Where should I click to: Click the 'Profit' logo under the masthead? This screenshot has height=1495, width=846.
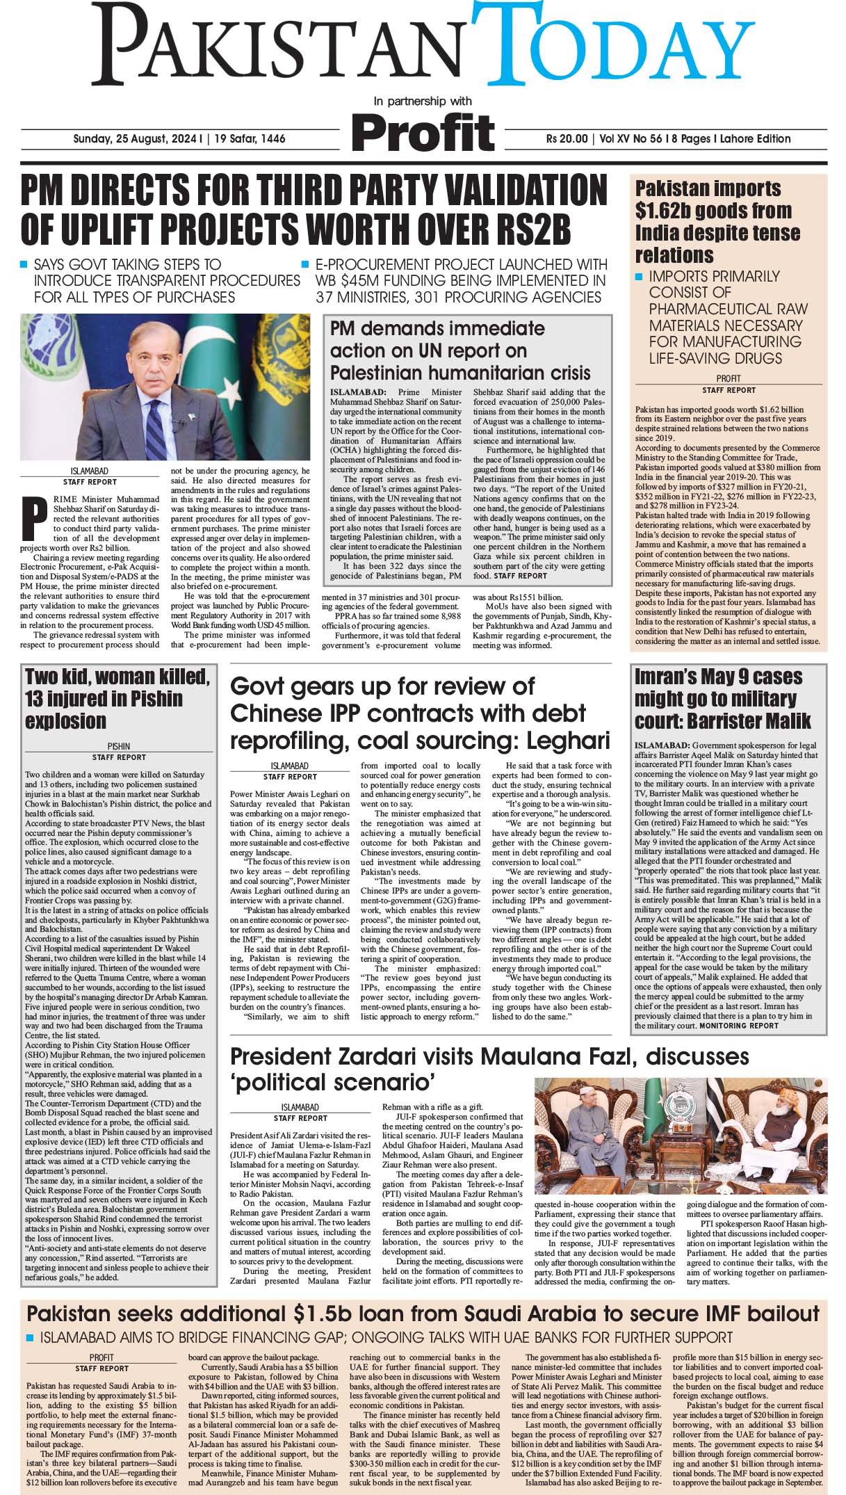pos(423,131)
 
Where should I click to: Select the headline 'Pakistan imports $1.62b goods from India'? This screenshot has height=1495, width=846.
pos(717,220)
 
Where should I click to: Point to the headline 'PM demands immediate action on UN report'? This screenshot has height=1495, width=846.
pos(459,350)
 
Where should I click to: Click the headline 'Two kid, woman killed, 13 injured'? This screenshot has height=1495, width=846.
pos(117,698)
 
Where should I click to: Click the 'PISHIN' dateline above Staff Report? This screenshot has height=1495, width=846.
pos(119,746)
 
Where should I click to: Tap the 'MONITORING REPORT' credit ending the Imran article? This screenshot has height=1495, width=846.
pos(738,1026)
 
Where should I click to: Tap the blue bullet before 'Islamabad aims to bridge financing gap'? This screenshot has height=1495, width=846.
pos(30,1338)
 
